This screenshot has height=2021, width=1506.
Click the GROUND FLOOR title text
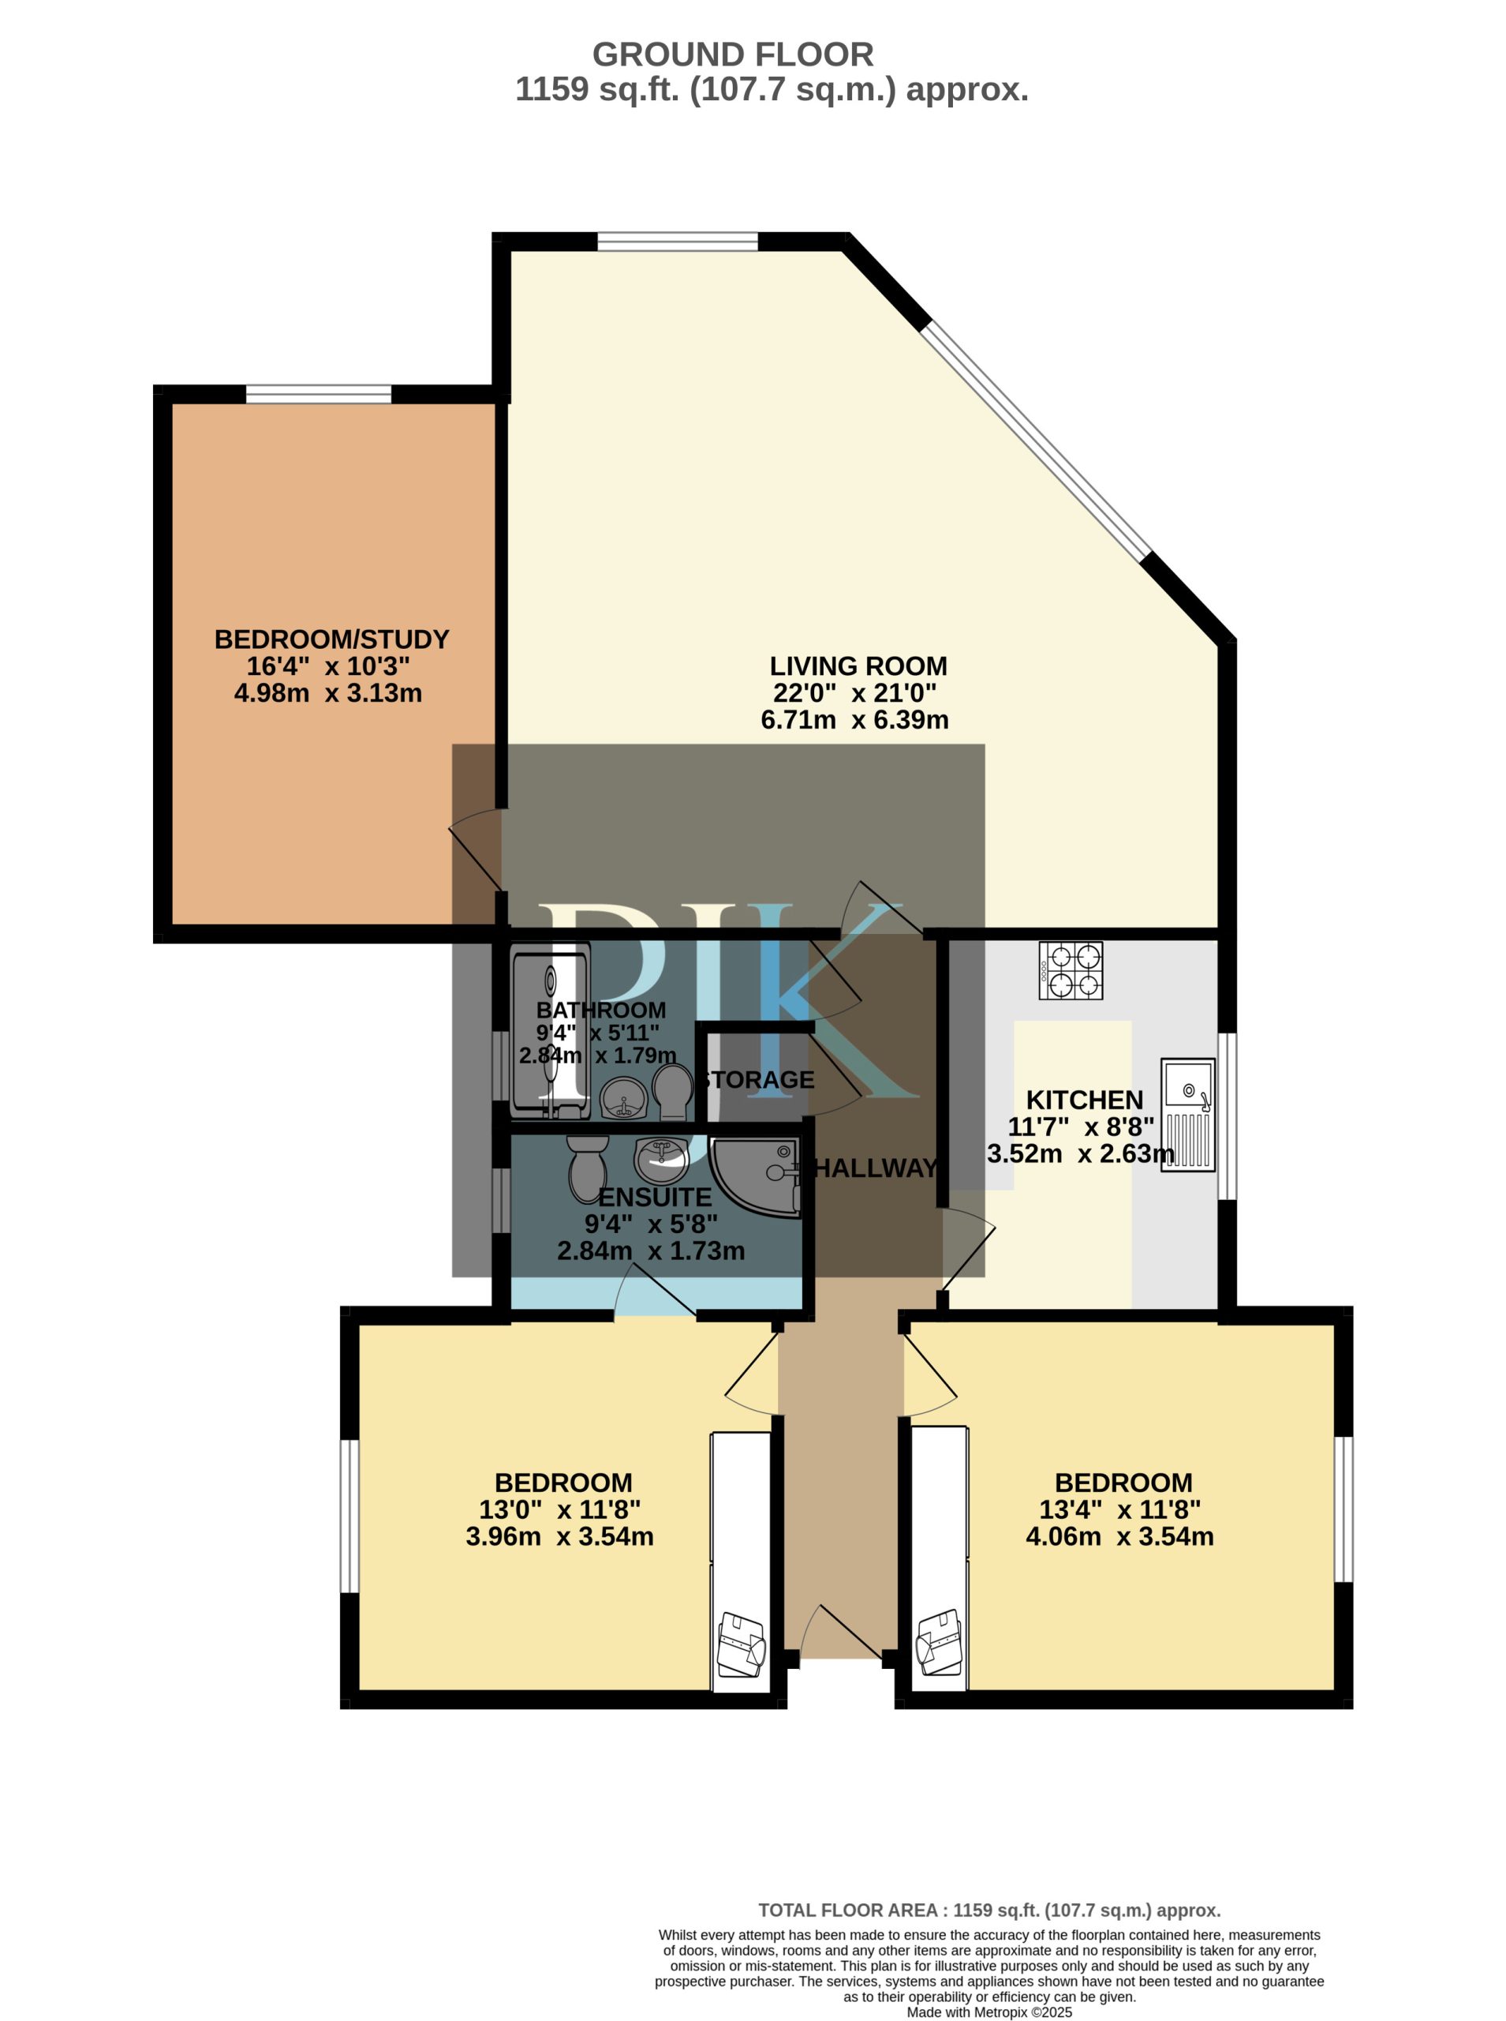(733, 54)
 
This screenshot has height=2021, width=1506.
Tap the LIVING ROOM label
(858, 666)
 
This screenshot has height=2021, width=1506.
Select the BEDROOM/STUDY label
(332, 639)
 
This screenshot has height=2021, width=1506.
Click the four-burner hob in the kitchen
(1071, 970)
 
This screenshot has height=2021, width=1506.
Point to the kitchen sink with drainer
(1188, 1115)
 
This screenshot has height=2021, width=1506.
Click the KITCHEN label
(1084, 1100)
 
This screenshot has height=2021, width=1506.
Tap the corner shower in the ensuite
(755, 1177)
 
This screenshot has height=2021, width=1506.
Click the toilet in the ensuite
(588, 1168)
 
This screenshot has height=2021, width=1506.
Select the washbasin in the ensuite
(661, 1160)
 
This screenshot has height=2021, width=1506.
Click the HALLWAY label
(875, 1168)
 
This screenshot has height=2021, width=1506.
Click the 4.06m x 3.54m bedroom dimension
(1119, 1537)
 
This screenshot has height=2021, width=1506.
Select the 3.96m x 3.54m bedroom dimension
(560, 1537)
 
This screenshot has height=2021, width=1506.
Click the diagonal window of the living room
(1038, 440)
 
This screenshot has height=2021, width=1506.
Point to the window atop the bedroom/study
(318, 394)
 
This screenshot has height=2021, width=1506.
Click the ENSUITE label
(655, 1198)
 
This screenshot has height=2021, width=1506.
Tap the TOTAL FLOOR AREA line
(989, 1910)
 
